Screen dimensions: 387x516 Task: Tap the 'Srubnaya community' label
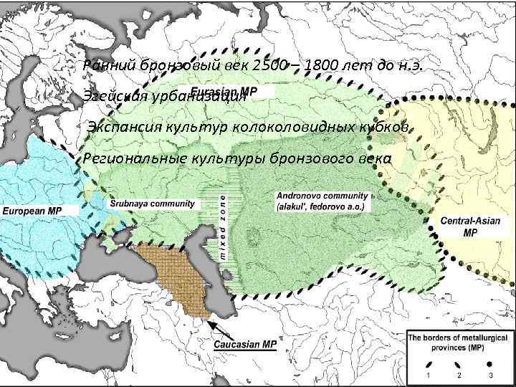tap(151, 204)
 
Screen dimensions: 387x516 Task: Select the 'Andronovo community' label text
tap(322, 196)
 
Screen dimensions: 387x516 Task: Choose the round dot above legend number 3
tap(489, 364)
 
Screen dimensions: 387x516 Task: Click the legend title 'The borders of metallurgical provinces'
tap(458, 342)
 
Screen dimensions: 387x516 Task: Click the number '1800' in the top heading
tap(323, 67)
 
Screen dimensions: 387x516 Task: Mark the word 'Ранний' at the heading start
tap(107, 67)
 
